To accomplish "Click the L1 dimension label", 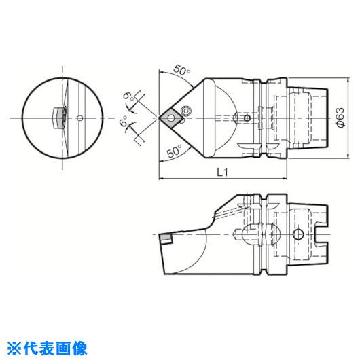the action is (x=222, y=173).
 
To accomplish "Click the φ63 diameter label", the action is (x=340, y=118).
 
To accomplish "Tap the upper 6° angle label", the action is (x=128, y=97).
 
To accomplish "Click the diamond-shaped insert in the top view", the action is (x=171, y=118).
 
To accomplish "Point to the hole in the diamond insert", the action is (x=170, y=118).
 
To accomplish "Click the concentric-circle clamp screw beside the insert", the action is (x=185, y=111).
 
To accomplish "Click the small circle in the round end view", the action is (x=79, y=118).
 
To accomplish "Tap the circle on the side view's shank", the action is (x=298, y=234).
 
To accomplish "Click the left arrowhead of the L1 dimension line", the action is (x=162, y=178).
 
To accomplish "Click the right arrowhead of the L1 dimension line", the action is (x=284, y=178).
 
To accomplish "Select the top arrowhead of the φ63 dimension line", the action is (x=348, y=81).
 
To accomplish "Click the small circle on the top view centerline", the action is (x=247, y=118).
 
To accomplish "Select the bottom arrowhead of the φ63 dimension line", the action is (x=348, y=156).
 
